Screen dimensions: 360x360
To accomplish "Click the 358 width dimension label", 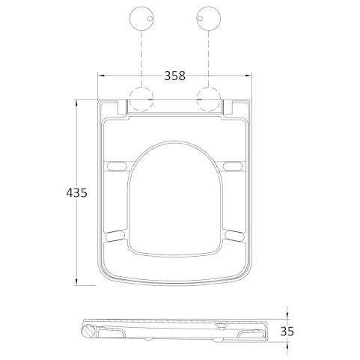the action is (x=174, y=76).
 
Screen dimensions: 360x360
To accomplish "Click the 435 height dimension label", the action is (x=76, y=192).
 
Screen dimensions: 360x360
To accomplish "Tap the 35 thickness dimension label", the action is (x=287, y=332).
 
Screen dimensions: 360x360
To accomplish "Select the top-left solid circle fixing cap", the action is (x=141, y=19).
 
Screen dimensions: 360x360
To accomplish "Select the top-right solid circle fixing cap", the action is (x=209, y=19).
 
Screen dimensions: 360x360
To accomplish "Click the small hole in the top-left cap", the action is (x=150, y=19).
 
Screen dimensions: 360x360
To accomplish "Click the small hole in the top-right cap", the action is (x=201, y=19).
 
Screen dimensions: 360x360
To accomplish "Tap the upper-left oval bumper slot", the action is (x=117, y=166).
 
